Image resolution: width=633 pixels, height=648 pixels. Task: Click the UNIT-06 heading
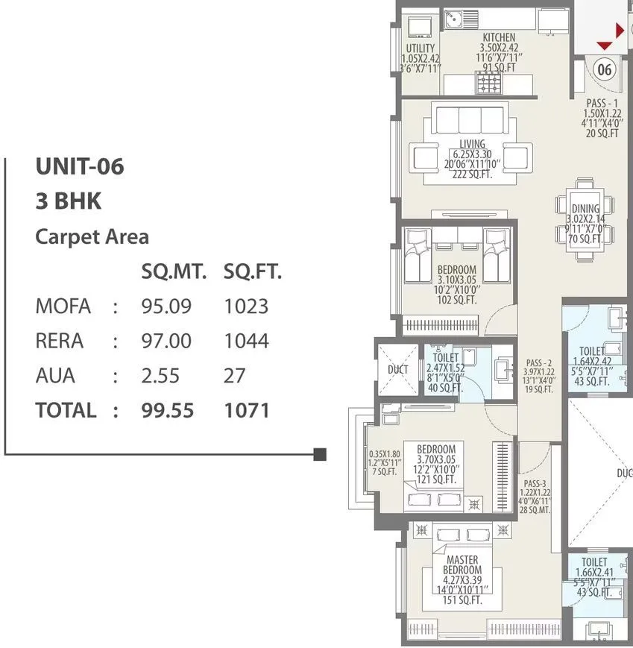79,167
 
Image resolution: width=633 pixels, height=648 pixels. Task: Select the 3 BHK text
68,201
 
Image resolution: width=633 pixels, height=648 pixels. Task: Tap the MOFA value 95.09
166,306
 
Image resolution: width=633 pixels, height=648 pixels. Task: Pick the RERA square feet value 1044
245,341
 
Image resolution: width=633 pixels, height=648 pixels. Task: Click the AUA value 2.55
160,375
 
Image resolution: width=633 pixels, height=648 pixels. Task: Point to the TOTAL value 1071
246,410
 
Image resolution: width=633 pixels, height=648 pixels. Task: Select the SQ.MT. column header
174,272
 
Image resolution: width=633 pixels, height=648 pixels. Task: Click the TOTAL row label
66,410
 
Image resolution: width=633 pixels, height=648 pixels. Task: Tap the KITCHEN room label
499,37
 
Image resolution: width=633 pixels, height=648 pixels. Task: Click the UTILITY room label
421,48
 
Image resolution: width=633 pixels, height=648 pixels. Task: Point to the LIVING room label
472,144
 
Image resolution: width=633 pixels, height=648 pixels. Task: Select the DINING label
585,209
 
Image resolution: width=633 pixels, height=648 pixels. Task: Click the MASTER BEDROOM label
462,564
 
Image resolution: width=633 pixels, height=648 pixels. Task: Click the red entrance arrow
620,31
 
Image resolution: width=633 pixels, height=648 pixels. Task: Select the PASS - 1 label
602,103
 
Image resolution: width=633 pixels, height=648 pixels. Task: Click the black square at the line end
320,453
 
